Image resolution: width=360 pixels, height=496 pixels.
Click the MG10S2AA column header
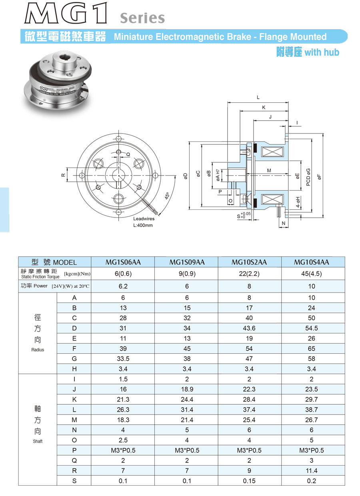[x=249, y=262]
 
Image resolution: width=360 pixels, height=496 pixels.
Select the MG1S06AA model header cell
[x=123, y=262]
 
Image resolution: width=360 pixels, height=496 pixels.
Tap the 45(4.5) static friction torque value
[x=312, y=274]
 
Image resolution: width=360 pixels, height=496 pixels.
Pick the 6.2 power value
[x=123, y=286]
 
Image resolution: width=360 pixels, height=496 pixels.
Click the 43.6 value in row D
[x=249, y=328]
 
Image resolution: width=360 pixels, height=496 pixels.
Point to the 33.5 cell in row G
[x=123, y=359]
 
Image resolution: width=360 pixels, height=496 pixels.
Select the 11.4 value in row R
[x=312, y=471]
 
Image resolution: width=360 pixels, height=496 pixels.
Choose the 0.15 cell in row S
[x=249, y=481]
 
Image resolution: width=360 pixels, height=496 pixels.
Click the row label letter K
[x=74, y=399]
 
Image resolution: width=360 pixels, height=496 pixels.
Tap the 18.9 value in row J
[x=187, y=389]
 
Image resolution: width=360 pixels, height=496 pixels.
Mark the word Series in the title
[x=142, y=18]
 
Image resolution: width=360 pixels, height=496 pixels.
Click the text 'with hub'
[x=322, y=52]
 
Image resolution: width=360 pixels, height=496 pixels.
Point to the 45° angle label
[x=167, y=196]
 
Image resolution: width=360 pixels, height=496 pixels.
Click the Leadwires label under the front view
[x=144, y=219]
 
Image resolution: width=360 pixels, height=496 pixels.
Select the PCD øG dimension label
[x=308, y=177]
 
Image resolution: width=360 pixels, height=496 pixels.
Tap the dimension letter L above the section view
[x=258, y=98]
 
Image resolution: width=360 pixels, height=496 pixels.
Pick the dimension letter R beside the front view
[x=63, y=175]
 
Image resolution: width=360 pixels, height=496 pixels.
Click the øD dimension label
[x=186, y=176]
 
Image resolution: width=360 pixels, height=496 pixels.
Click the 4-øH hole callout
[x=298, y=202]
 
